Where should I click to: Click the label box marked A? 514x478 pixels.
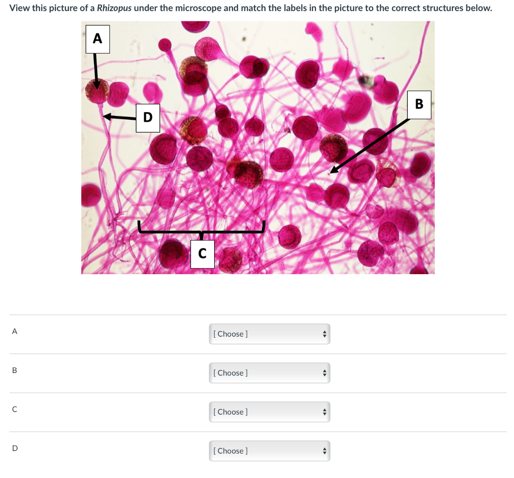tap(98, 39)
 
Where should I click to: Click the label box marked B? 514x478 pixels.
tap(419, 105)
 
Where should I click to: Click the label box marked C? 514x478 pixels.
tap(202, 254)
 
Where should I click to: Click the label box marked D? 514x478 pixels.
tap(148, 118)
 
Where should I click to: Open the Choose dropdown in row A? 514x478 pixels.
tap(269, 334)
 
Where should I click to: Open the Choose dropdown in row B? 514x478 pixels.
tap(269, 373)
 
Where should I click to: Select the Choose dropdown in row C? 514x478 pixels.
tap(269, 412)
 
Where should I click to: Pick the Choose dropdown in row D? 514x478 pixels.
tap(269, 451)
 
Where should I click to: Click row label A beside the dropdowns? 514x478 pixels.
tap(15, 331)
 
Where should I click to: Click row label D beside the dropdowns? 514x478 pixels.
tap(15, 448)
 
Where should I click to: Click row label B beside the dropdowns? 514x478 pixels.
tap(15, 370)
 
